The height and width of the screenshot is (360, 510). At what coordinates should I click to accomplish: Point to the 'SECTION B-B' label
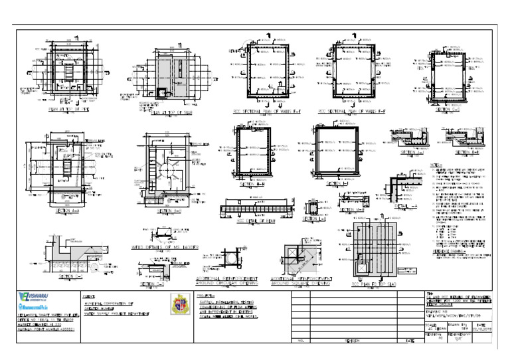[163, 211]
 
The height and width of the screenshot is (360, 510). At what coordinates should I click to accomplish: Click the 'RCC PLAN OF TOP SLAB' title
[373, 283]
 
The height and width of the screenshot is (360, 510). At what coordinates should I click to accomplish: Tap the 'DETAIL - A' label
[406, 207]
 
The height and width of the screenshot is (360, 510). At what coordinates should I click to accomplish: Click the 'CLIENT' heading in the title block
[89, 296]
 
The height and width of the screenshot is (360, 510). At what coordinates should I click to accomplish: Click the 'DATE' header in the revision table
[410, 340]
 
